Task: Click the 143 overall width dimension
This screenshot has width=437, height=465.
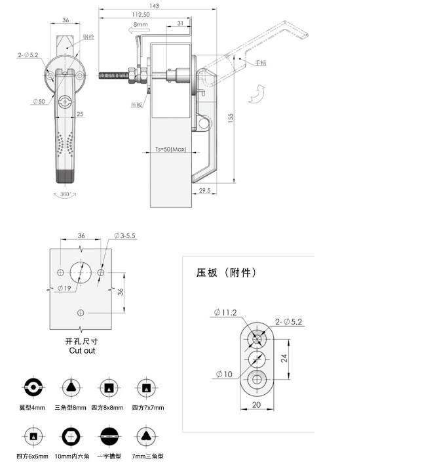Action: [x=155, y=5]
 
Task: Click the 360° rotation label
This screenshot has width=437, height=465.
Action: [x=64, y=194]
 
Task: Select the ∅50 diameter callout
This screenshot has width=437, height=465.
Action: [x=37, y=101]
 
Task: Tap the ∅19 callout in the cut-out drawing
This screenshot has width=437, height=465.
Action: [x=64, y=289]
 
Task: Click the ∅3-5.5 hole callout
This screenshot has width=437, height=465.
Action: [x=124, y=235]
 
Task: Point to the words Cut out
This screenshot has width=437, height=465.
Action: [x=82, y=351]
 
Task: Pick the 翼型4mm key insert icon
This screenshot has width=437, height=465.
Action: [x=32, y=388]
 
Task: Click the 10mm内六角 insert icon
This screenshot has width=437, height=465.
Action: [x=69, y=436]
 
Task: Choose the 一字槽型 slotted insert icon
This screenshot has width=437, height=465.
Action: [x=107, y=436]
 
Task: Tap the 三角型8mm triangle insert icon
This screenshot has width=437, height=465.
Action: [x=69, y=388]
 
